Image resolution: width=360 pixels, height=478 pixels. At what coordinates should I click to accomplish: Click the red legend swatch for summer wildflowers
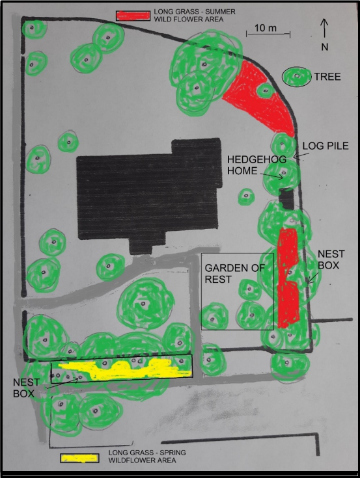click(x=133, y=16)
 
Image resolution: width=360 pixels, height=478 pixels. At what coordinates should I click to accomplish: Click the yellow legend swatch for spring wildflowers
click(x=79, y=458)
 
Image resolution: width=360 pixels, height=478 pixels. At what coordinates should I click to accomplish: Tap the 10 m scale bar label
click(x=266, y=28)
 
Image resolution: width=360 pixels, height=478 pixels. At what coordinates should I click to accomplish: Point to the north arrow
click(x=324, y=28)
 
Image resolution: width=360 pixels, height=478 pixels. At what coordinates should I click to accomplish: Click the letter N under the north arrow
click(x=325, y=47)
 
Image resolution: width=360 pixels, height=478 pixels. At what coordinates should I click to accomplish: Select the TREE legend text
click(x=327, y=77)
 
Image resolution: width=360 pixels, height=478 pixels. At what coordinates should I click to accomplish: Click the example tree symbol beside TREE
click(x=297, y=77)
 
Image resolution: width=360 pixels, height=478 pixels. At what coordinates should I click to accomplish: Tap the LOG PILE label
click(x=325, y=146)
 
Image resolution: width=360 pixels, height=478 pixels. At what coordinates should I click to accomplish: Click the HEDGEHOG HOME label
click(x=256, y=165)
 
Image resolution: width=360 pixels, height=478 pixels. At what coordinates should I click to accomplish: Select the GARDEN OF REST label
click(x=234, y=273)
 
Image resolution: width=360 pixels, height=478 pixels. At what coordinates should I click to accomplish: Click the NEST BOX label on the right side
click(x=331, y=259)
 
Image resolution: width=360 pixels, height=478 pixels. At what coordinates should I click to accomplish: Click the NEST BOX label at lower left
click(x=26, y=388)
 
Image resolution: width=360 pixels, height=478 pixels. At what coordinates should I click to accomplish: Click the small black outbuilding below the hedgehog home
click(x=286, y=200)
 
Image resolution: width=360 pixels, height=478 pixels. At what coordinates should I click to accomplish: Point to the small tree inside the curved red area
click(x=266, y=90)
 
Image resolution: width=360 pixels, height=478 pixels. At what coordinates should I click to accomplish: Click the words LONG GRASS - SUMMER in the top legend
click(x=195, y=12)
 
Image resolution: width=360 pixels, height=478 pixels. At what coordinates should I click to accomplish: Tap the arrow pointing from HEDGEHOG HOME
click(x=271, y=176)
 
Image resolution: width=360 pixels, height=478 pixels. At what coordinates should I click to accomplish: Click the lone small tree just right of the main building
click(x=246, y=196)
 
